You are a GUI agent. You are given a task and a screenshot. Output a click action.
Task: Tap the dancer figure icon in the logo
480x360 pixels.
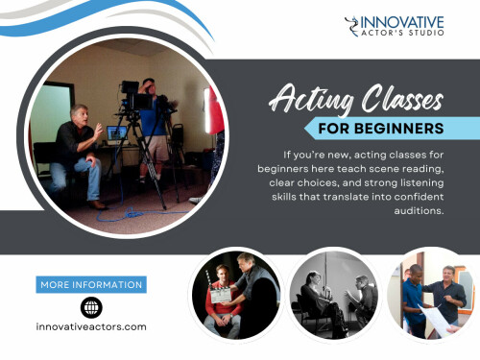pos(352,30)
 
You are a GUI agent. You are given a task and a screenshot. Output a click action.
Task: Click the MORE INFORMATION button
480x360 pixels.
pos(92,284)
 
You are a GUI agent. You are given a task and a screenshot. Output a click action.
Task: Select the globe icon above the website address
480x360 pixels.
pos(92,306)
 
